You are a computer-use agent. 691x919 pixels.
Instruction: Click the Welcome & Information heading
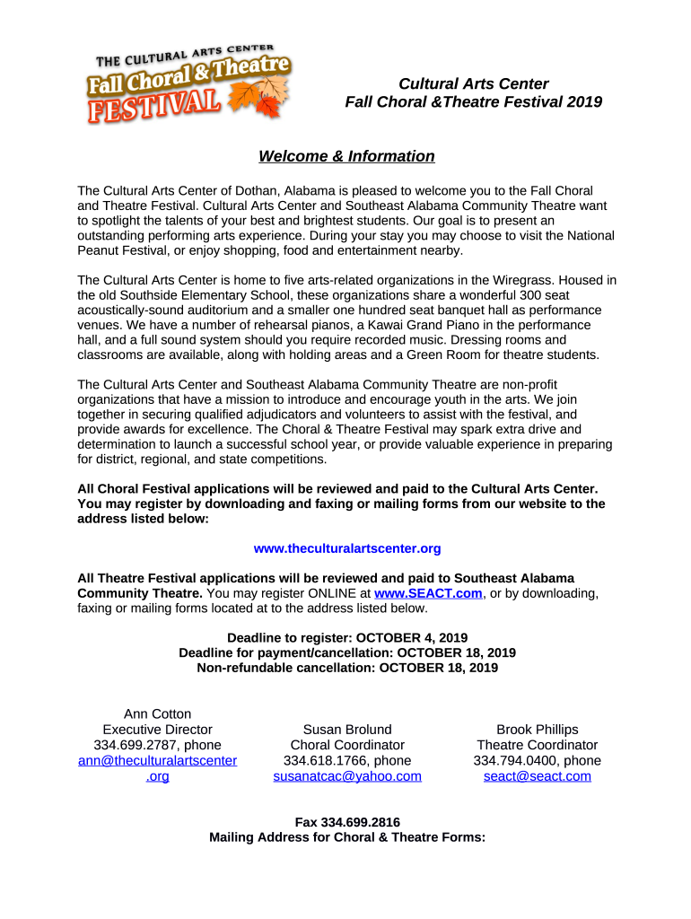(346, 157)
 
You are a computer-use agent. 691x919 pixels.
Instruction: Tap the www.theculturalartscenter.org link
(347, 548)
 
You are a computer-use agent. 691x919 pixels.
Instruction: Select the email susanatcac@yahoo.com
(347, 776)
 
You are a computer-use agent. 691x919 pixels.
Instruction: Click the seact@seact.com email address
(537, 776)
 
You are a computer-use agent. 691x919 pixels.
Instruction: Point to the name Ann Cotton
(157, 714)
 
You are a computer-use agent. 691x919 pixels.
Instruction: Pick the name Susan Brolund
(347, 730)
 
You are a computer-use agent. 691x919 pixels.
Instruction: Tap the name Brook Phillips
(537, 730)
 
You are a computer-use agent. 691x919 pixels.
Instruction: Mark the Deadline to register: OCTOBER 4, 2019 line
(347, 637)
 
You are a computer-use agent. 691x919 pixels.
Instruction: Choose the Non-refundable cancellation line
(347, 668)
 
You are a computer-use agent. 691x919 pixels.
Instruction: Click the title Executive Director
(157, 730)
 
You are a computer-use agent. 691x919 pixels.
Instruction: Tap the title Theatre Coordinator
(537, 746)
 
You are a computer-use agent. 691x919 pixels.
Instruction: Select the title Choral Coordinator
(347, 746)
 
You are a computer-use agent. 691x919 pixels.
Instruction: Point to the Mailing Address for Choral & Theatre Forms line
(347, 837)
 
